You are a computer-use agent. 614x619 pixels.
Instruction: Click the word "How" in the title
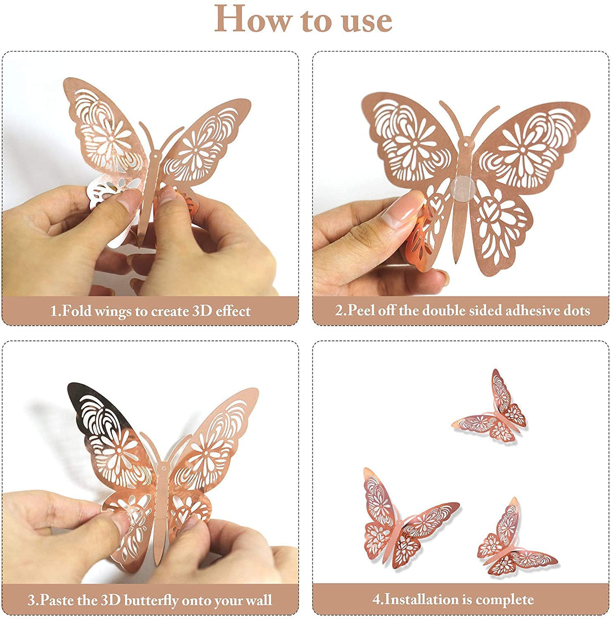click(x=253, y=19)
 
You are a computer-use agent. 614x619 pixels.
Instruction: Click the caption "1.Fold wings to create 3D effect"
click(x=150, y=311)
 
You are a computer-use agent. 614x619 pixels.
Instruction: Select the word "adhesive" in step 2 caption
click(x=506, y=310)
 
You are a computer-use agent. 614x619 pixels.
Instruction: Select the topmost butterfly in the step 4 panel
click(x=493, y=410)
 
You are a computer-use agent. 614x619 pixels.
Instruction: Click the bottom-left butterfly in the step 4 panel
click(x=400, y=521)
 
